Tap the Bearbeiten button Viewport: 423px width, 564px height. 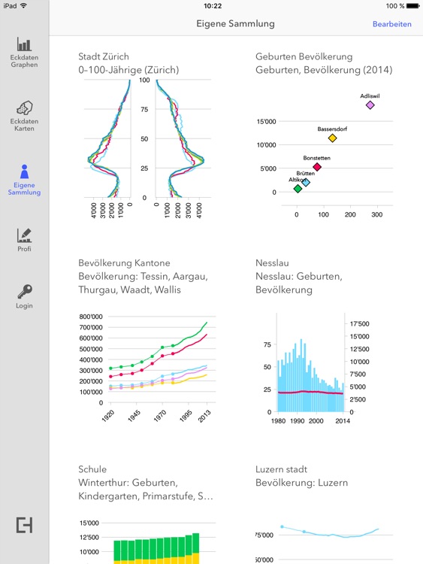(391, 24)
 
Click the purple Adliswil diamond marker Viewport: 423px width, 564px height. (370, 105)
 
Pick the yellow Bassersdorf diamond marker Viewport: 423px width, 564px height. (332, 138)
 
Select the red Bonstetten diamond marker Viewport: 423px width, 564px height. (317, 167)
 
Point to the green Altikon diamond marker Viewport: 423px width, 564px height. (298, 189)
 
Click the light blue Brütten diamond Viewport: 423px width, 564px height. (306, 182)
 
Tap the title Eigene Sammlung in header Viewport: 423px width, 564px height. (235, 24)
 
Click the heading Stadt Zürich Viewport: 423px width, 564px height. (104, 56)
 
